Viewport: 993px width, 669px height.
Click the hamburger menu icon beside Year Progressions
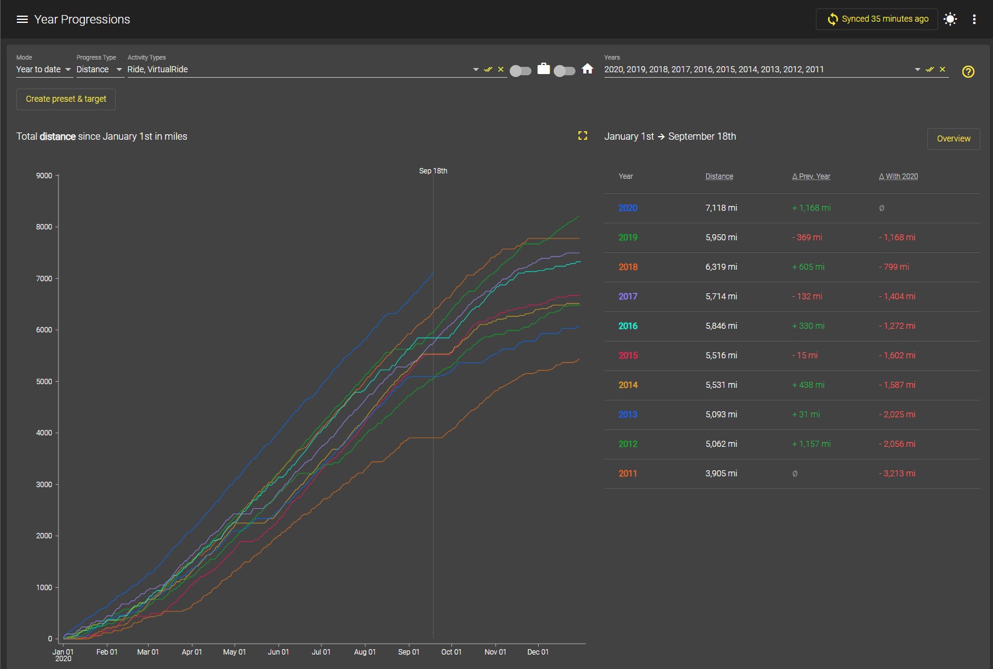(x=22, y=19)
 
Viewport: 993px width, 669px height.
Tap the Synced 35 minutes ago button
(x=877, y=19)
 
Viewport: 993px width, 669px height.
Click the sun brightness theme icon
(x=950, y=19)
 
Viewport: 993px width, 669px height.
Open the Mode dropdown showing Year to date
(x=43, y=70)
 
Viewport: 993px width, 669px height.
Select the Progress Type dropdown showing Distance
(x=99, y=70)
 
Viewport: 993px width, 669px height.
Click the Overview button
(x=954, y=138)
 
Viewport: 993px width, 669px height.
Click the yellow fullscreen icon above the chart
(x=583, y=136)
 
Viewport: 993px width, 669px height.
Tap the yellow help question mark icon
(x=968, y=71)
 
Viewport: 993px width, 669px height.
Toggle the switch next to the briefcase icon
(x=521, y=71)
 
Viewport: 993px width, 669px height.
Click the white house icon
(x=587, y=69)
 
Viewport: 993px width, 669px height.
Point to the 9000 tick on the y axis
(x=44, y=176)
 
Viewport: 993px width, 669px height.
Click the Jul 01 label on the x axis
(x=321, y=652)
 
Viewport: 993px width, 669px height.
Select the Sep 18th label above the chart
(x=433, y=171)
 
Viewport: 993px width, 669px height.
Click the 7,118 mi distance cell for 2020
(x=721, y=208)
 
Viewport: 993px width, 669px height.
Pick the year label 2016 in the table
(x=628, y=326)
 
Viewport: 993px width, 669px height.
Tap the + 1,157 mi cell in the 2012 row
(x=811, y=444)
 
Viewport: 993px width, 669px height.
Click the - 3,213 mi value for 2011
(x=897, y=474)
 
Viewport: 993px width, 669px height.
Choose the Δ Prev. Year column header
(x=811, y=176)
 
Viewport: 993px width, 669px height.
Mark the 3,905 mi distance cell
(x=721, y=474)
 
